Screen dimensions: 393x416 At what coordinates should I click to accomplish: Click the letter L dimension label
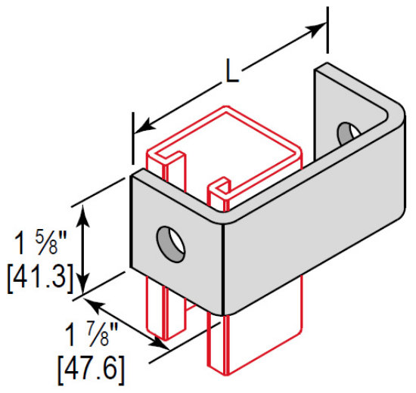point(233,73)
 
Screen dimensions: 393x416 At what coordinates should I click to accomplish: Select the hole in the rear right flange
point(347,133)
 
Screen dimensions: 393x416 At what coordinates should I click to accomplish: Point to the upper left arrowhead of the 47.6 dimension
point(95,304)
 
